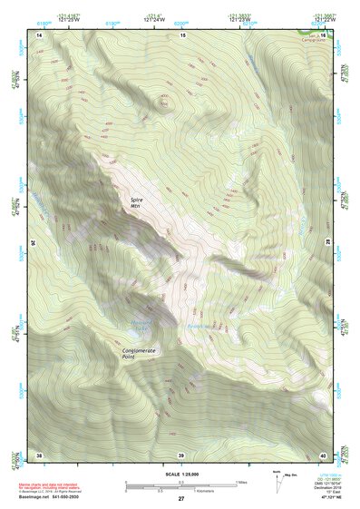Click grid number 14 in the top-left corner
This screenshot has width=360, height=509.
pyautogui.click(x=39, y=34)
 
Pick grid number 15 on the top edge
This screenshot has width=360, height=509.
pyautogui.click(x=181, y=34)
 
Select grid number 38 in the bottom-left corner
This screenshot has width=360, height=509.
pyautogui.click(x=39, y=455)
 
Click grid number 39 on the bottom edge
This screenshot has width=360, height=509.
pyautogui.click(x=181, y=455)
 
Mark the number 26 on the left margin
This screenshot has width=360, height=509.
pyautogui.click(x=34, y=243)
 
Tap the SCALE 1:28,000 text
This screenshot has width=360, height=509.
pyautogui.click(x=180, y=474)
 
